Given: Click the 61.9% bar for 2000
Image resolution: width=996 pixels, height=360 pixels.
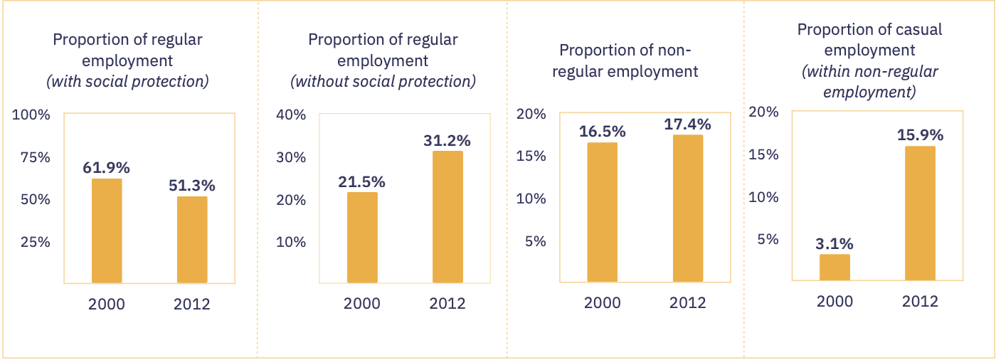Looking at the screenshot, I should [107, 231].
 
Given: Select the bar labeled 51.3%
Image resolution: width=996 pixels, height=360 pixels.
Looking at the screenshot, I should [192, 240].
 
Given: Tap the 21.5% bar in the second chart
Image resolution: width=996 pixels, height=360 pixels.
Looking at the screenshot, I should [362, 238].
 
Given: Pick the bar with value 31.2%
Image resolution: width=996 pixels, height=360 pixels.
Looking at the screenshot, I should [447, 217].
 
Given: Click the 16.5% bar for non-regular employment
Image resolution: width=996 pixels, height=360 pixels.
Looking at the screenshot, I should [603, 212].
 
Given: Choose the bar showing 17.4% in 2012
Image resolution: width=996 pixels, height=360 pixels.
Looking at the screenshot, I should [688, 208].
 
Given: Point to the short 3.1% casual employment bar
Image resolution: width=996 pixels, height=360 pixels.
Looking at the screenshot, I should [835, 267].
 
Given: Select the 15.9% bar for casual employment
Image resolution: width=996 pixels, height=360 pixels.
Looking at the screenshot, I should [920, 213].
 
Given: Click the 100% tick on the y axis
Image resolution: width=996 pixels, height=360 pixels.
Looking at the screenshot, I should [31, 115].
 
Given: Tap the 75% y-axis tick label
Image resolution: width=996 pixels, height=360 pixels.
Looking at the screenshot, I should [34, 157].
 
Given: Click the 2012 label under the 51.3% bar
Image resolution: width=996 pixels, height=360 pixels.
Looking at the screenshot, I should [192, 305].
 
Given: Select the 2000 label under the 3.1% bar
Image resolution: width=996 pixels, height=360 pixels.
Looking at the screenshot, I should [835, 301].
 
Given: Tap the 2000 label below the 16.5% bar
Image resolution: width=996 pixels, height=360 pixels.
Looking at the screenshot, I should [603, 302].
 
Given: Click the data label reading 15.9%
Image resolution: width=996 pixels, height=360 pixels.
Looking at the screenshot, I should [920, 134].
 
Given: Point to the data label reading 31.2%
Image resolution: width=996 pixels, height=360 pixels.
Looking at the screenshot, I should [447, 140].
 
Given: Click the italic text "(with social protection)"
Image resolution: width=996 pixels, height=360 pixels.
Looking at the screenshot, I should [127, 81].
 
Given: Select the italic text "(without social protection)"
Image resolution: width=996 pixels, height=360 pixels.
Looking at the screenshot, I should [383, 81].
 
